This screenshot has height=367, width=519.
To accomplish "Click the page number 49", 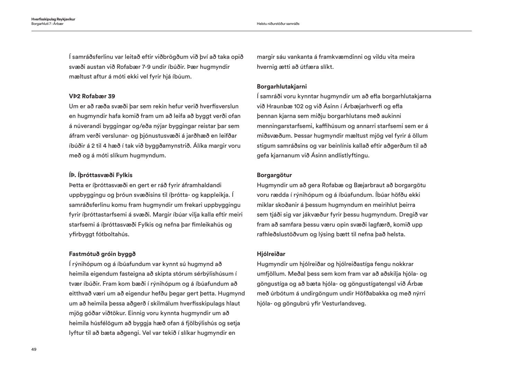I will (34, 349).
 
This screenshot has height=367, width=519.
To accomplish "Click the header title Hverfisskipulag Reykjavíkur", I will (53, 19).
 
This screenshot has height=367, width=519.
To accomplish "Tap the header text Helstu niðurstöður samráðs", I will (278, 24).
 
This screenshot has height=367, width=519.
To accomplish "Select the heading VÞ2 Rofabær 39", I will (92, 96).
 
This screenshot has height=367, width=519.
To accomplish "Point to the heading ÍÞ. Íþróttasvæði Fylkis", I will (101, 175).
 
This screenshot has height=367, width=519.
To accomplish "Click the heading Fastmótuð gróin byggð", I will (100, 254).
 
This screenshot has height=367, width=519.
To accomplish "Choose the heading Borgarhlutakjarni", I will (282, 86).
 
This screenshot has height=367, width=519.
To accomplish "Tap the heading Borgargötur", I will (274, 175).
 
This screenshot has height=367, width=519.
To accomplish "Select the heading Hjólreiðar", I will (271, 254).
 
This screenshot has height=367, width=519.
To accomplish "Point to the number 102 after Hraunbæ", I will (290, 106).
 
